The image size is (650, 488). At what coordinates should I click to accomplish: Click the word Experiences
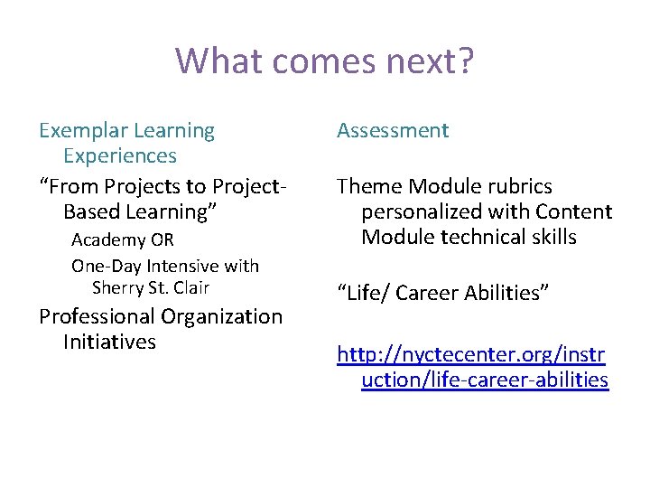point(119,156)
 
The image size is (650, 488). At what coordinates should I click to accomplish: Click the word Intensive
point(189,267)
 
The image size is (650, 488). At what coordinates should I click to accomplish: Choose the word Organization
point(224,317)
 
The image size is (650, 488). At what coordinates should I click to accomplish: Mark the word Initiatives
point(109,343)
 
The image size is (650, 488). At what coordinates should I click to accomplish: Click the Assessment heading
point(393,131)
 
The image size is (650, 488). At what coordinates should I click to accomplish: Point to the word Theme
point(370,187)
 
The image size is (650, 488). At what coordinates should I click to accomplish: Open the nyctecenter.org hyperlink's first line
point(472,355)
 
